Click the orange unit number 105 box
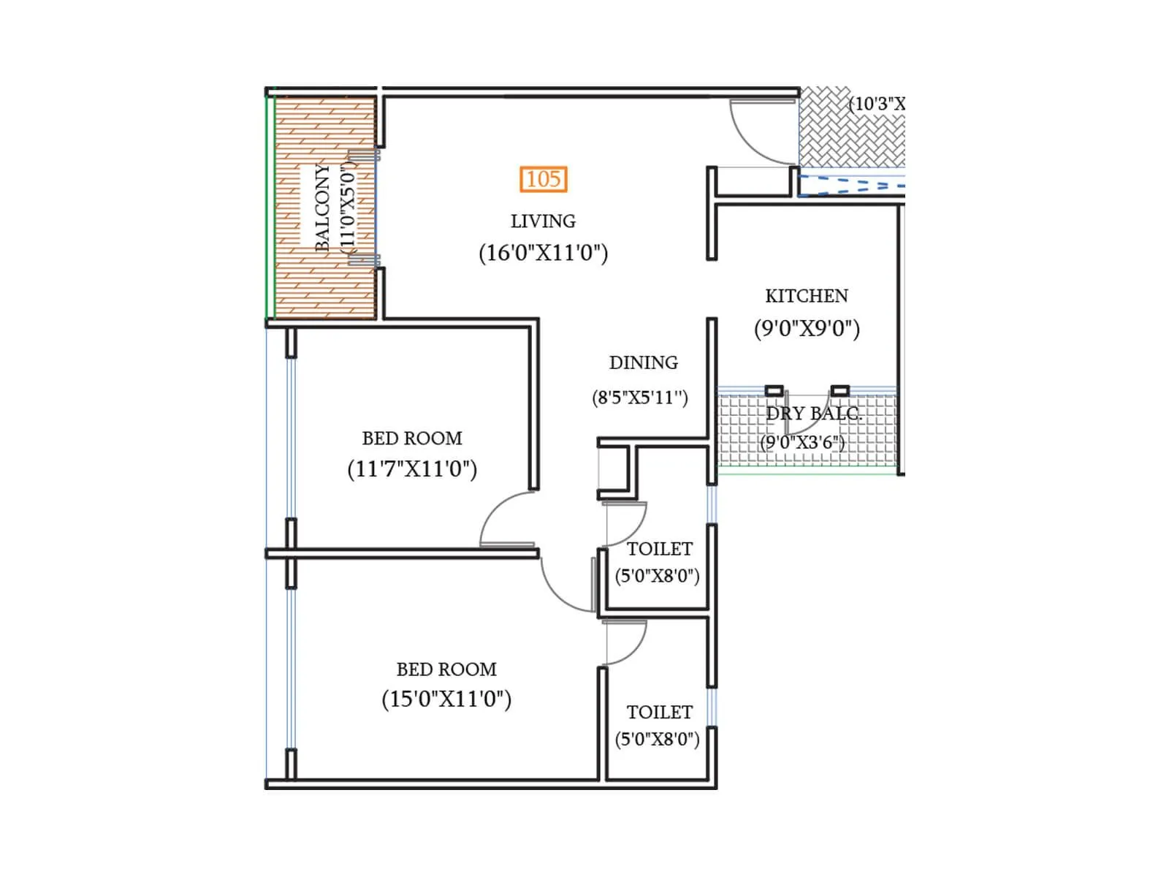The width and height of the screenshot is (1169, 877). [x=544, y=179]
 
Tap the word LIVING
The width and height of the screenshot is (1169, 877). [x=543, y=221]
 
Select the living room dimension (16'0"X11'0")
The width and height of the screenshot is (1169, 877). [x=543, y=253]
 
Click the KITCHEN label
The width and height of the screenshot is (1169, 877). [x=807, y=296]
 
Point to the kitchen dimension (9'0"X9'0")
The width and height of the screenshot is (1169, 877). [x=807, y=328]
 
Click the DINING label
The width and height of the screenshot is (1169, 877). [x=643, y=362]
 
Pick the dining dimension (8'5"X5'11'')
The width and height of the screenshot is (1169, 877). [x=640, y=398]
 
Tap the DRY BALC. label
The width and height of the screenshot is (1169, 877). [x=813, y=414]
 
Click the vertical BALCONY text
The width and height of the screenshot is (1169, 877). [x=322, y=208]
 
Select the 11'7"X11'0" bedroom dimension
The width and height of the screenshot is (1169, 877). [x=412, y=468]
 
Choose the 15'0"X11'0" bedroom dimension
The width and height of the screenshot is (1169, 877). [x=446, y=699]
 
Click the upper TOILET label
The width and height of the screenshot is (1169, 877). [x=659, y=549]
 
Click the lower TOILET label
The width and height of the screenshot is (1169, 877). [x=659, y=713]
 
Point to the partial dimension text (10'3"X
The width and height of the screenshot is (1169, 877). [x=876, y=104]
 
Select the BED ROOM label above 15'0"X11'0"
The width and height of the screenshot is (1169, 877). [x=446, y=669]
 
